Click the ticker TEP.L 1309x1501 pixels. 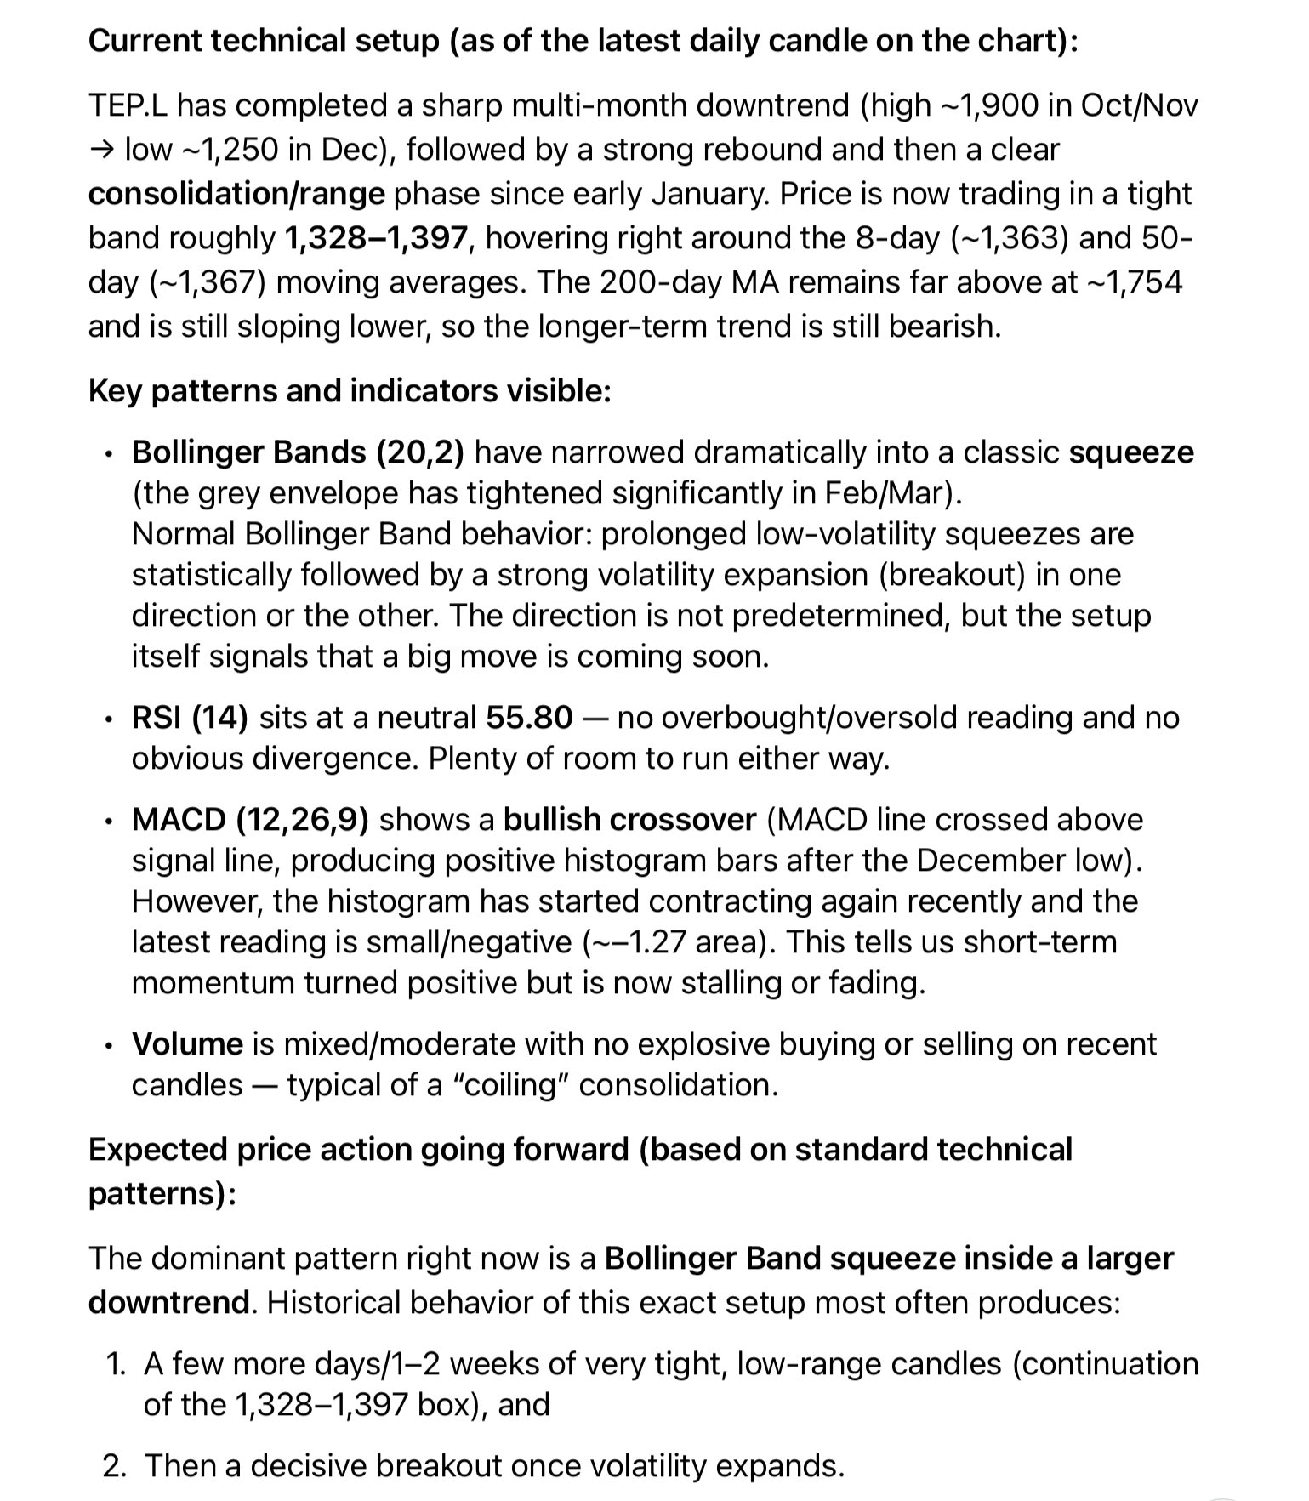[x=128, y=105]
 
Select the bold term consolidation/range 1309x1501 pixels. [x=236, y=194]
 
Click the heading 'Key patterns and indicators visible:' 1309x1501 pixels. [x=350, y=391]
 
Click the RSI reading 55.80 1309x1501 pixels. [x=529, y=718]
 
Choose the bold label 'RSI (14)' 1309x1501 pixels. [x=190, y=718]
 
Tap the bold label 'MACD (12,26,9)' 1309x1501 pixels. [x=250, y=820]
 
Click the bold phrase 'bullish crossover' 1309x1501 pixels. [x=629, y=820]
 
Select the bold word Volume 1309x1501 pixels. [x=187, y=1044]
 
